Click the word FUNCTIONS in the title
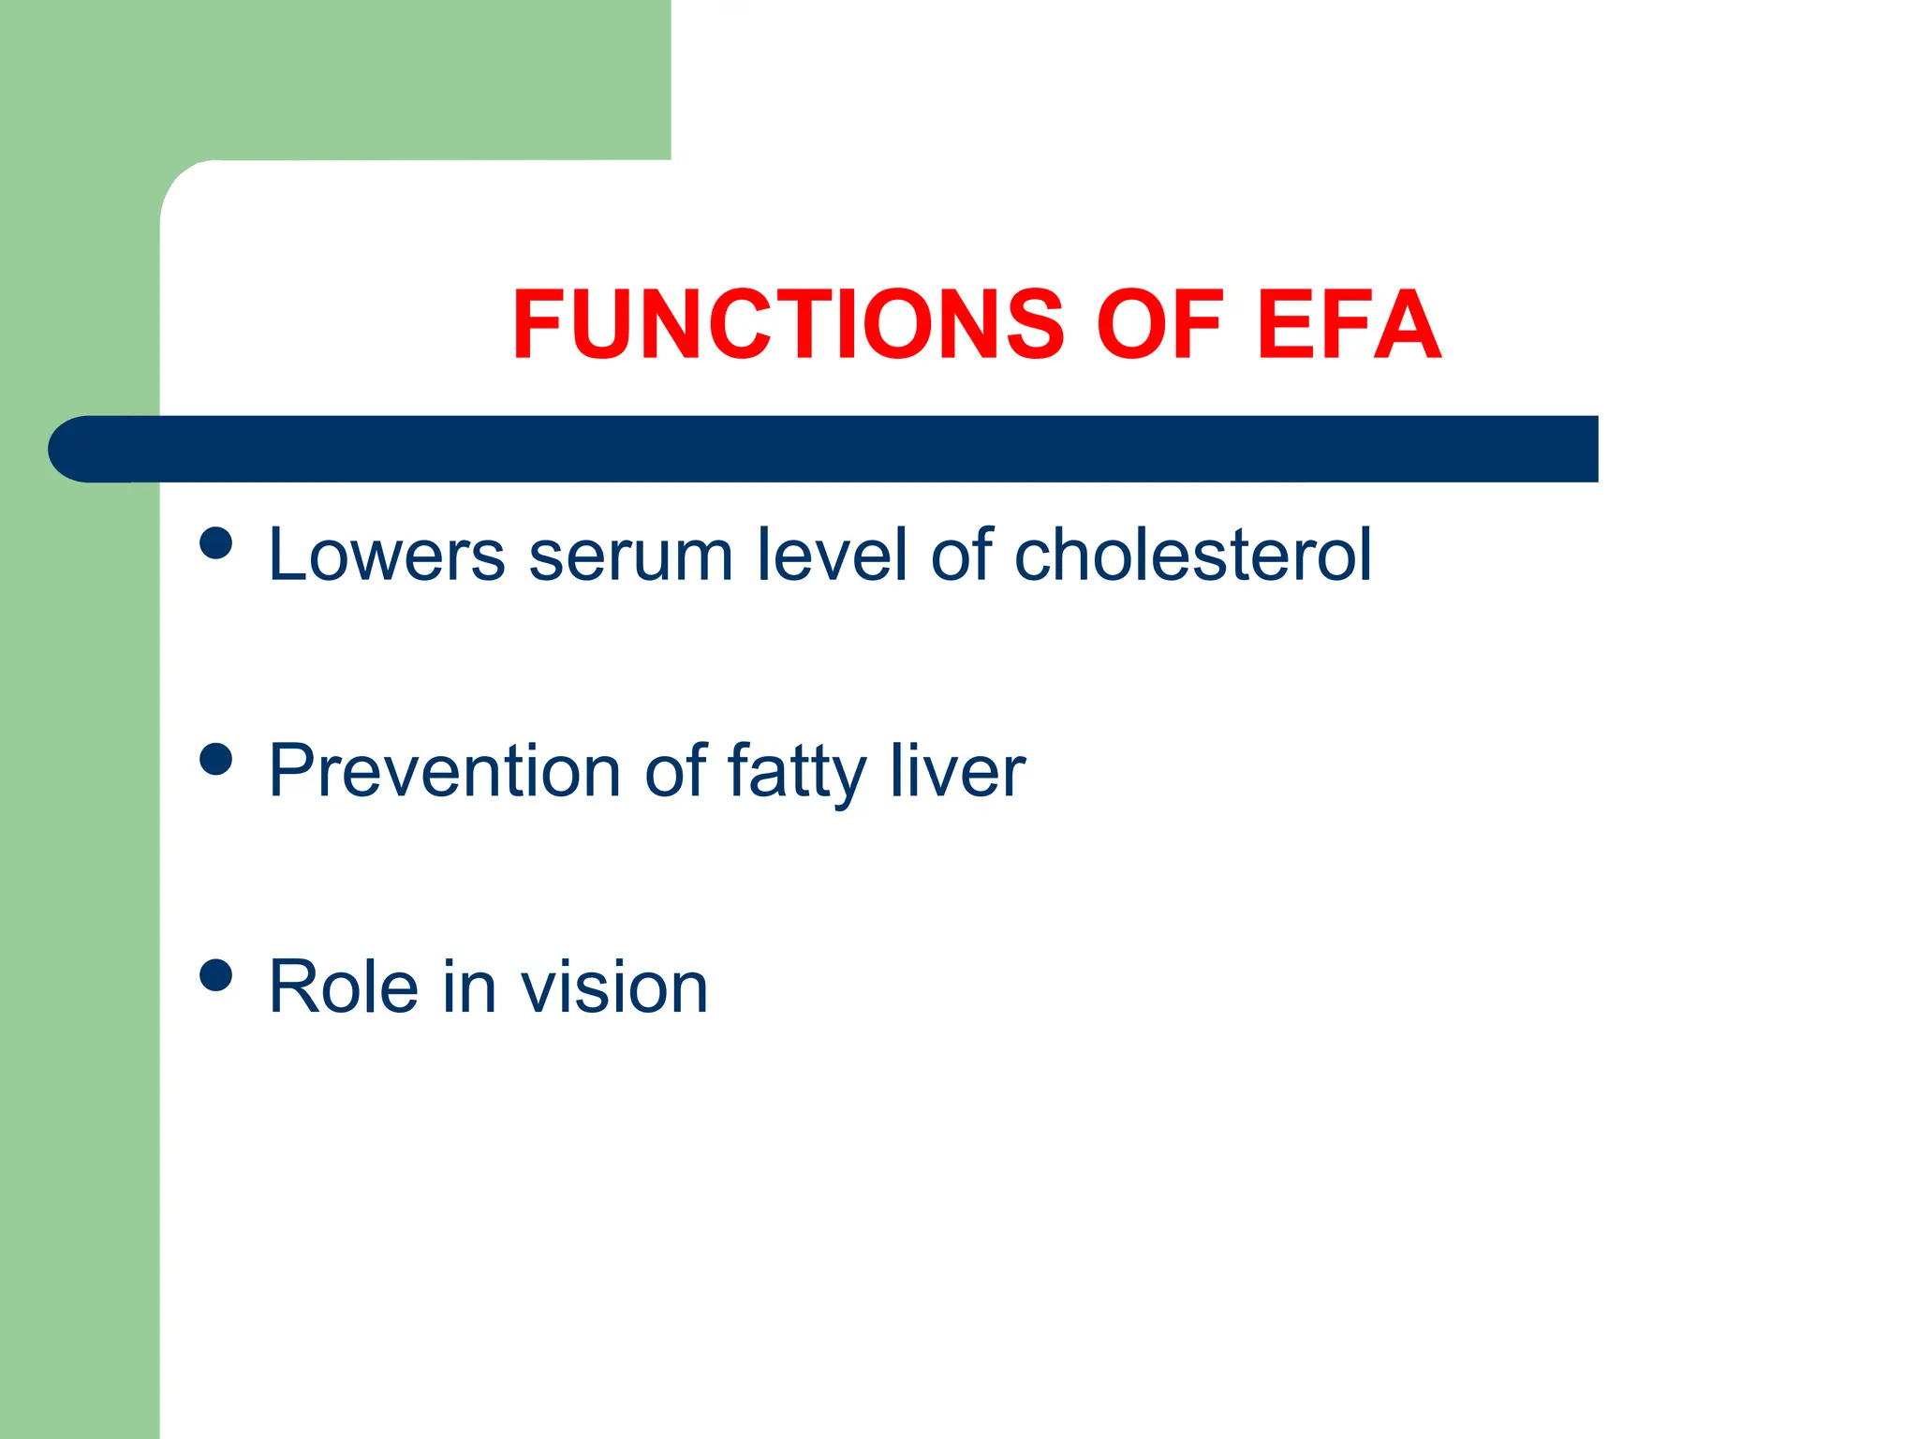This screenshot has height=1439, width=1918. pos(788,324)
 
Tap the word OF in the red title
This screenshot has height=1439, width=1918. pos(1159,324)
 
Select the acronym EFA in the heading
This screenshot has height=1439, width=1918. pos(1349,324)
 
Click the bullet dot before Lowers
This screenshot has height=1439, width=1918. pos(216,543)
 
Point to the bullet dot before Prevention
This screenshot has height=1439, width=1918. pos(216,759)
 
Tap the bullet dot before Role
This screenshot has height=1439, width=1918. pos(216,975)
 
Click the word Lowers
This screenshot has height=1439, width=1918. pos(386,556)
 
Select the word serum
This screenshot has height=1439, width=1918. pos(630,556)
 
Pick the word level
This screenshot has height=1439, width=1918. pos(832,556)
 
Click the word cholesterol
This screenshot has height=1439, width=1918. pos(1193,556)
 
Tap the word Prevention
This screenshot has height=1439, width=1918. pos(444,772)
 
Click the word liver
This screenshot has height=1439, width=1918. pos(957,772)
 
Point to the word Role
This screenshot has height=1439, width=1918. pos(343,987)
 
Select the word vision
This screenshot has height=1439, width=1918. pos(614,987)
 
